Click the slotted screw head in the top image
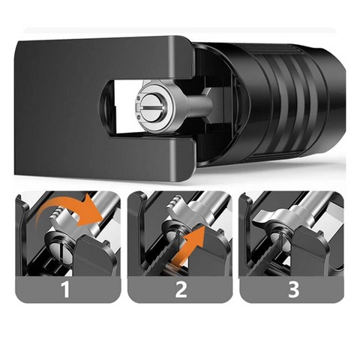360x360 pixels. pyautogui.click(x=152, y=107)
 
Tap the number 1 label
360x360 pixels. pyautogui.click(x=65, y=289)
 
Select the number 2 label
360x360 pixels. pyautogui.click(x=181, y=289)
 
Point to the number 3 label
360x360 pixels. pyautogui.click(x=293, y=289)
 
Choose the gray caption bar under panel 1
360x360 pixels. pyautogui.click(x=67, y=289)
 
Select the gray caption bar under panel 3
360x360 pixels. pyautogui.click(x=292, y=289)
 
